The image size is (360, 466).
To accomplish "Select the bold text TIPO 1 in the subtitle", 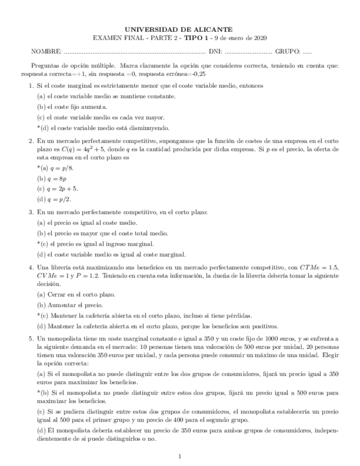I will [198, 38].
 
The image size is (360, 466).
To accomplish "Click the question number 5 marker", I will [31, 340].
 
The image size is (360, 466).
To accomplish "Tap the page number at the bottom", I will [180, 456].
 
